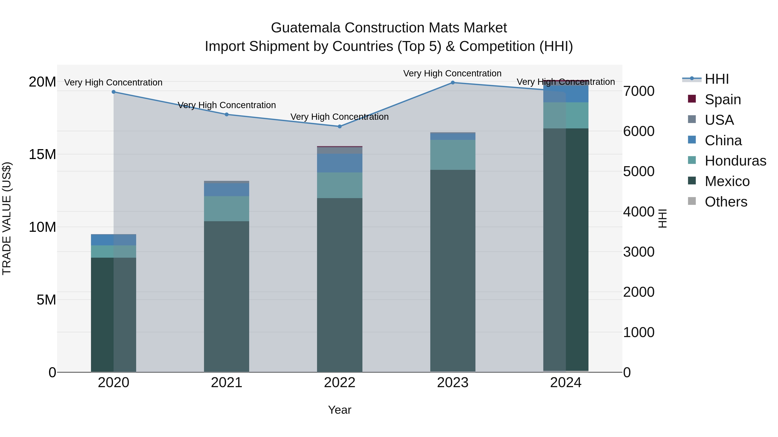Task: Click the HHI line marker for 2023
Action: coord(452,83)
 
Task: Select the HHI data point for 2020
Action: coord(113,92)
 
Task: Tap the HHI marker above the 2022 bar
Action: coord(340,126)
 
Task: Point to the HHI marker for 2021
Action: coord(226,114)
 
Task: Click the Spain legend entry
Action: coord(722,99)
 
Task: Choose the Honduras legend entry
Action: coord(735,161)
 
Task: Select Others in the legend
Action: coord(726,202)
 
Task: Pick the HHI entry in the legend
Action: coord(716,79)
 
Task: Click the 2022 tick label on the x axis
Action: coord(340,383)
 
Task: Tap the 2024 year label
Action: coord(566,383)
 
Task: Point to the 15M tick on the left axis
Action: coord(42,155)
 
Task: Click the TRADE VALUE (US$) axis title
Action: coord(7,218)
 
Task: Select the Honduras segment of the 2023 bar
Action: coord(452,155)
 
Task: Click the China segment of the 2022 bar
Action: coord(340,163)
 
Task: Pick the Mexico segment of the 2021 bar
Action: coord(226,296)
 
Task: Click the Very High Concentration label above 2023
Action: coord(452,73)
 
